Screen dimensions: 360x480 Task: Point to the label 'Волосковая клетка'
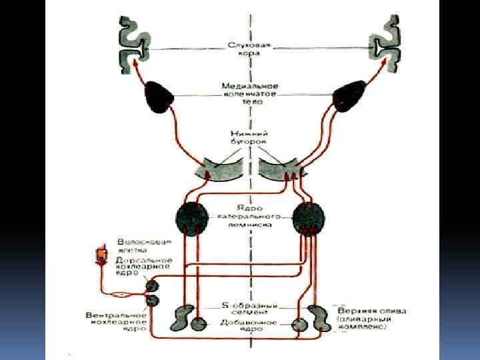144,246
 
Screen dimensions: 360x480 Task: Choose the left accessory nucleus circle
198,324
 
